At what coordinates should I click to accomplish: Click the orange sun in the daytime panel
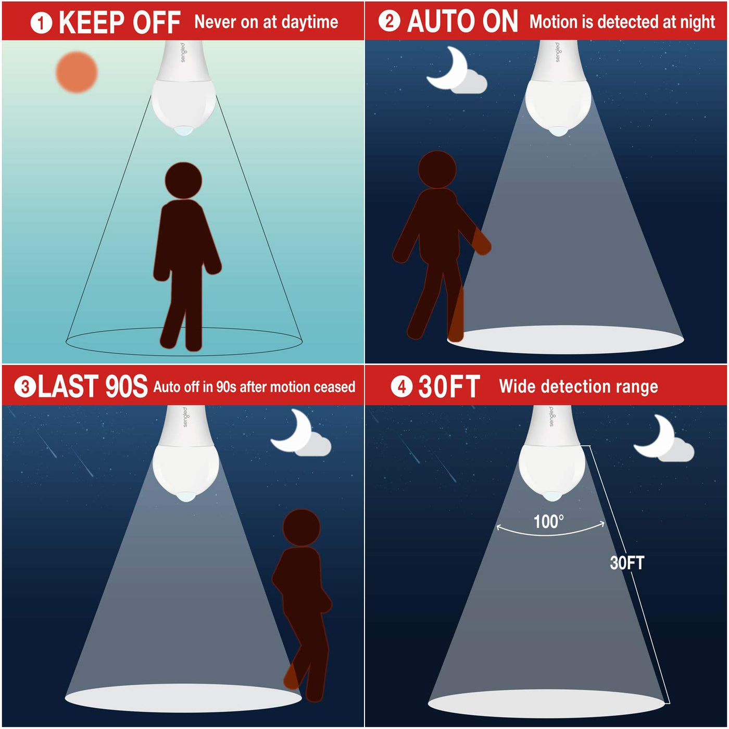77,72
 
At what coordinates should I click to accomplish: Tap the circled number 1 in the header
41,22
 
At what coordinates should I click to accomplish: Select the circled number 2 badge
389,21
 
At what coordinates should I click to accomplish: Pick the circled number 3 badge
25,387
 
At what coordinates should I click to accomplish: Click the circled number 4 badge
401,387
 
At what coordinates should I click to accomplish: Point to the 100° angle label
548,522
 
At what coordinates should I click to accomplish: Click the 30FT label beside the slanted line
627,563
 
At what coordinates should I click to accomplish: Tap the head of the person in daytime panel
183,181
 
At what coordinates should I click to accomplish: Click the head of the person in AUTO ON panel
437,169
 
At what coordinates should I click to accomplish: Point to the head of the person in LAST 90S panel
301,527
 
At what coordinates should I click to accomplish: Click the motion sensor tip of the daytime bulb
184,131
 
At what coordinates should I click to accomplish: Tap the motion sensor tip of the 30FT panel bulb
551,496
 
